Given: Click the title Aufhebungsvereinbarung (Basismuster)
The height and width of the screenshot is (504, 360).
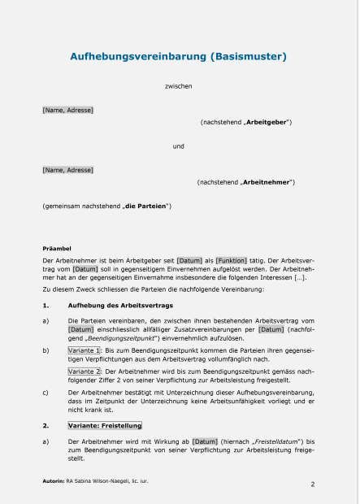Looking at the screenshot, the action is (178, 57).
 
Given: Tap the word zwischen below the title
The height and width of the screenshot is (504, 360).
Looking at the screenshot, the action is (178, 85).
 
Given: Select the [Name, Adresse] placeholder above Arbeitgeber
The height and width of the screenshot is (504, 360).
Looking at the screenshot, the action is (67, 109).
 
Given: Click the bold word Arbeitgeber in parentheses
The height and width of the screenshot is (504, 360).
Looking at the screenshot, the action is (267, 122).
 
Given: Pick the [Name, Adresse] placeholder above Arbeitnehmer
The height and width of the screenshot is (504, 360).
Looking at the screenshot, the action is (67, 170).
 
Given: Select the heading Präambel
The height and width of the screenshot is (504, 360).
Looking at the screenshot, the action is (57, 247).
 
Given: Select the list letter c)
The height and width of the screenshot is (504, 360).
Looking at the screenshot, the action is (46, 392).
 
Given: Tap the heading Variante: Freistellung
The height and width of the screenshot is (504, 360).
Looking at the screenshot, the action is (105, 425).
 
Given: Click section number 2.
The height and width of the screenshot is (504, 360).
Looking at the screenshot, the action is (46, 425).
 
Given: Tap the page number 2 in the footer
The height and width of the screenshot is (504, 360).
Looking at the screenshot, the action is (313, 484).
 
